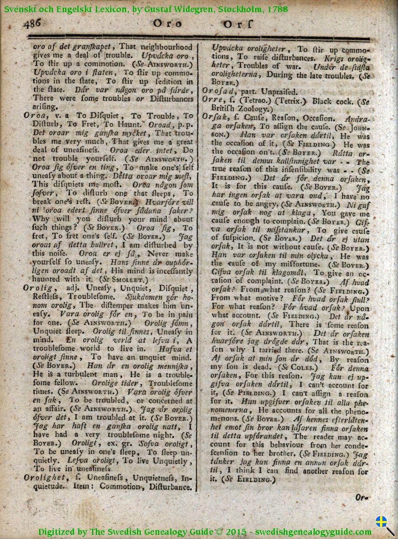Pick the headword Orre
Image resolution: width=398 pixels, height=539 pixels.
[x=212, y=101]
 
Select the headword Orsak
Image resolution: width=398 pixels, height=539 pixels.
[x=214, y=118]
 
